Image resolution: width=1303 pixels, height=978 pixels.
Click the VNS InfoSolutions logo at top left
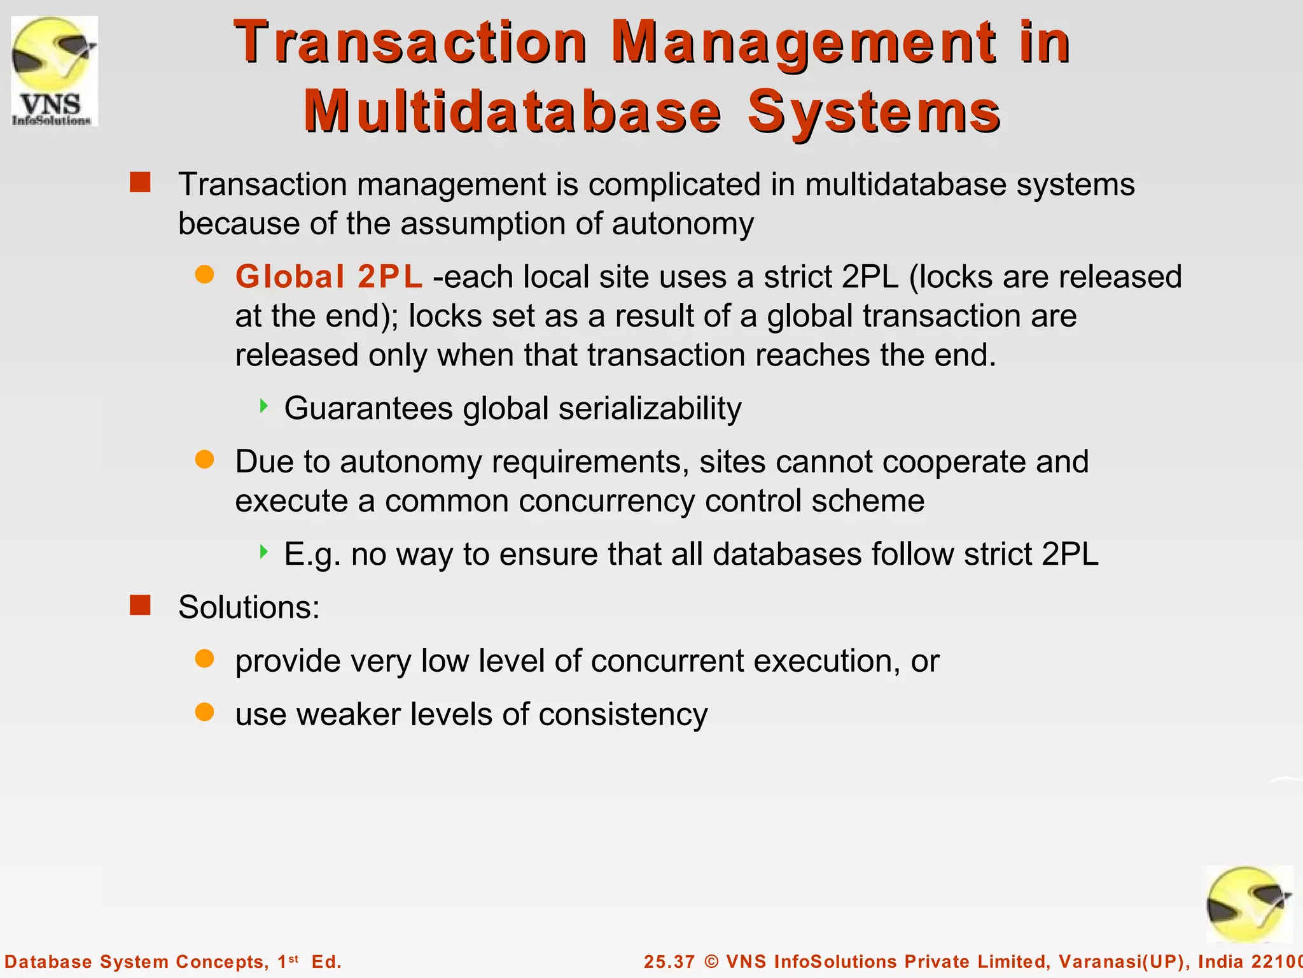pyautogui.click(x=54, y=71)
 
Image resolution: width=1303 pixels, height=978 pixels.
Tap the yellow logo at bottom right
pyautogui.click(x=1249, y=905)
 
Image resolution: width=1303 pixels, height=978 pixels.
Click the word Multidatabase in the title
pyautogui.click(x=512, y=112)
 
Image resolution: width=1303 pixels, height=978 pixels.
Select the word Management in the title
pyautogui.click(x=804, y=43)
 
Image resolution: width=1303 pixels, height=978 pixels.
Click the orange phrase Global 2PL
pyautogui.click(x=328, y=277)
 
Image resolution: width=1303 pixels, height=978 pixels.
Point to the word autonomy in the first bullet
pyautogui.click(x=683, y=223)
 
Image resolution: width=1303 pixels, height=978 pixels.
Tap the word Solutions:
pyautogui.click(x=249, y=607)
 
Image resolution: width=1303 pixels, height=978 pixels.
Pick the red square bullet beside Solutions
pyautogui.click(x=140, y=605)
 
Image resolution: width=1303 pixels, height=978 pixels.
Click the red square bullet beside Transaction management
pyautogui.click(x=140, y=182)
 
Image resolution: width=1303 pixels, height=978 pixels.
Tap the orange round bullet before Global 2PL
pyautogui.click(x=204, y=275)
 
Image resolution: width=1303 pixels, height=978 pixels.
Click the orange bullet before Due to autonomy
pyautogui.click(x=204, y=460)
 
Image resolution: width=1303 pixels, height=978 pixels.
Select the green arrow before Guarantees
pyautogui.click(x=264, y=406)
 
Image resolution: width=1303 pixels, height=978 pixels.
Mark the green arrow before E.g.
pyautogui.click(x=264, y=552)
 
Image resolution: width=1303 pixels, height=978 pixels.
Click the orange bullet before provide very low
pyautogui.click(x=204, y=659)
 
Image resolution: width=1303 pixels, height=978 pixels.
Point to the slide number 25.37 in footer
pyautogui.click(x=669, y=961)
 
